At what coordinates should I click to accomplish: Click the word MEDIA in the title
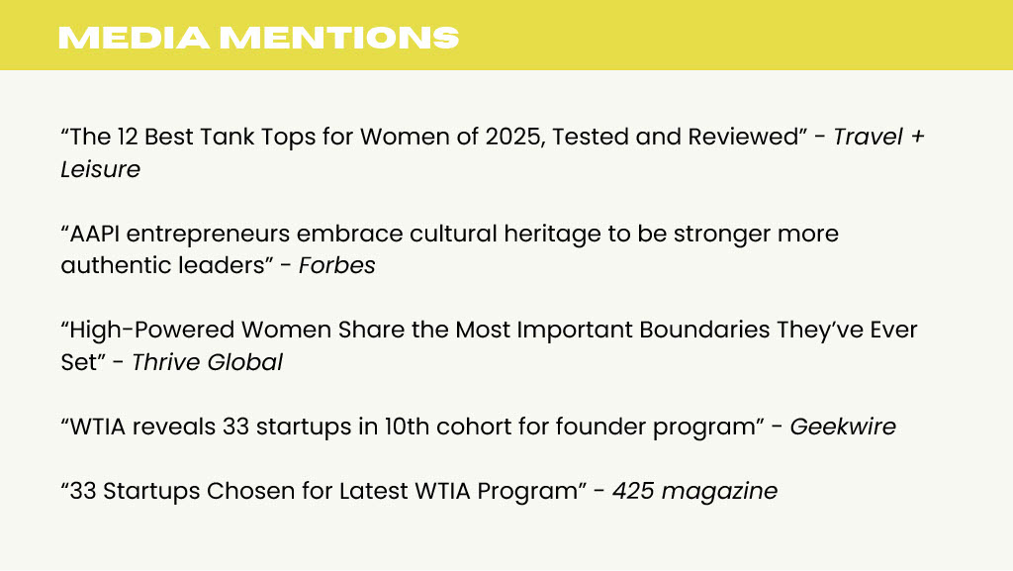pos(134,38)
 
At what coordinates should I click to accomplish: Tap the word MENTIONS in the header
pos(340,38)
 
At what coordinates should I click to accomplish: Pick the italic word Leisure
pos(100,169)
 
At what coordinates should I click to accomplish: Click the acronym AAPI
pos(94,234)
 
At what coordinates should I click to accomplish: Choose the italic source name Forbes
pos(336,265)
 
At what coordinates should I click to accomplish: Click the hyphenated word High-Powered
pos(151,331)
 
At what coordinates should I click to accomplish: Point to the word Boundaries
pos(704,331)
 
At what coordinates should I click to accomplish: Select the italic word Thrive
pos(166,362)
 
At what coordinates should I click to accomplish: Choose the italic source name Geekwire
pos(843,427)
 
